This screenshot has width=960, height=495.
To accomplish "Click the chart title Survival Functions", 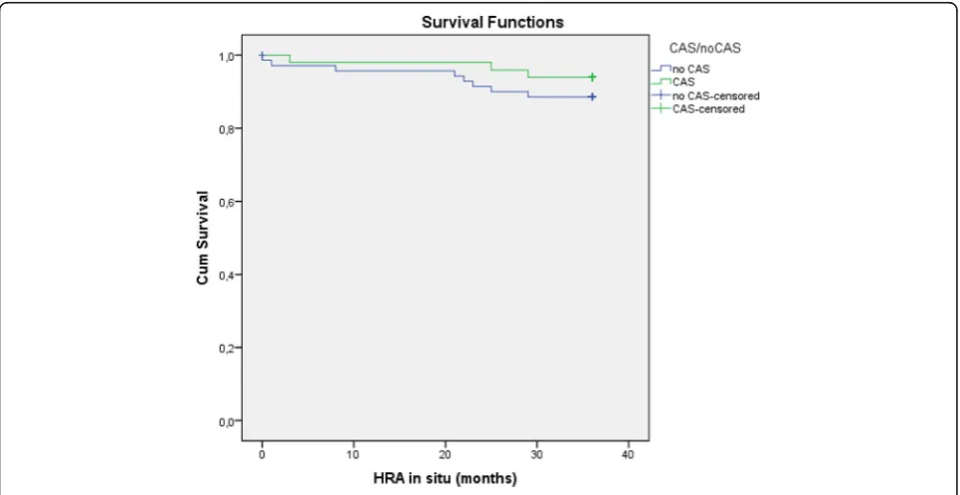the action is [492, 23].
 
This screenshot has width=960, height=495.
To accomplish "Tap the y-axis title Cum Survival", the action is [203, 238].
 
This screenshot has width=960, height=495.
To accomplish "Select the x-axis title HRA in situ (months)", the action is [445, 478].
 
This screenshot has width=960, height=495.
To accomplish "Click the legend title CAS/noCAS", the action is [703, 49].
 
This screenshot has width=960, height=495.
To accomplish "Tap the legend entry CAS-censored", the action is [708, 109].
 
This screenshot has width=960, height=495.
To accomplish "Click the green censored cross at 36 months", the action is [592, 78].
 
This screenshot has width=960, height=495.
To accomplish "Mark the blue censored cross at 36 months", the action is [592, 96].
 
